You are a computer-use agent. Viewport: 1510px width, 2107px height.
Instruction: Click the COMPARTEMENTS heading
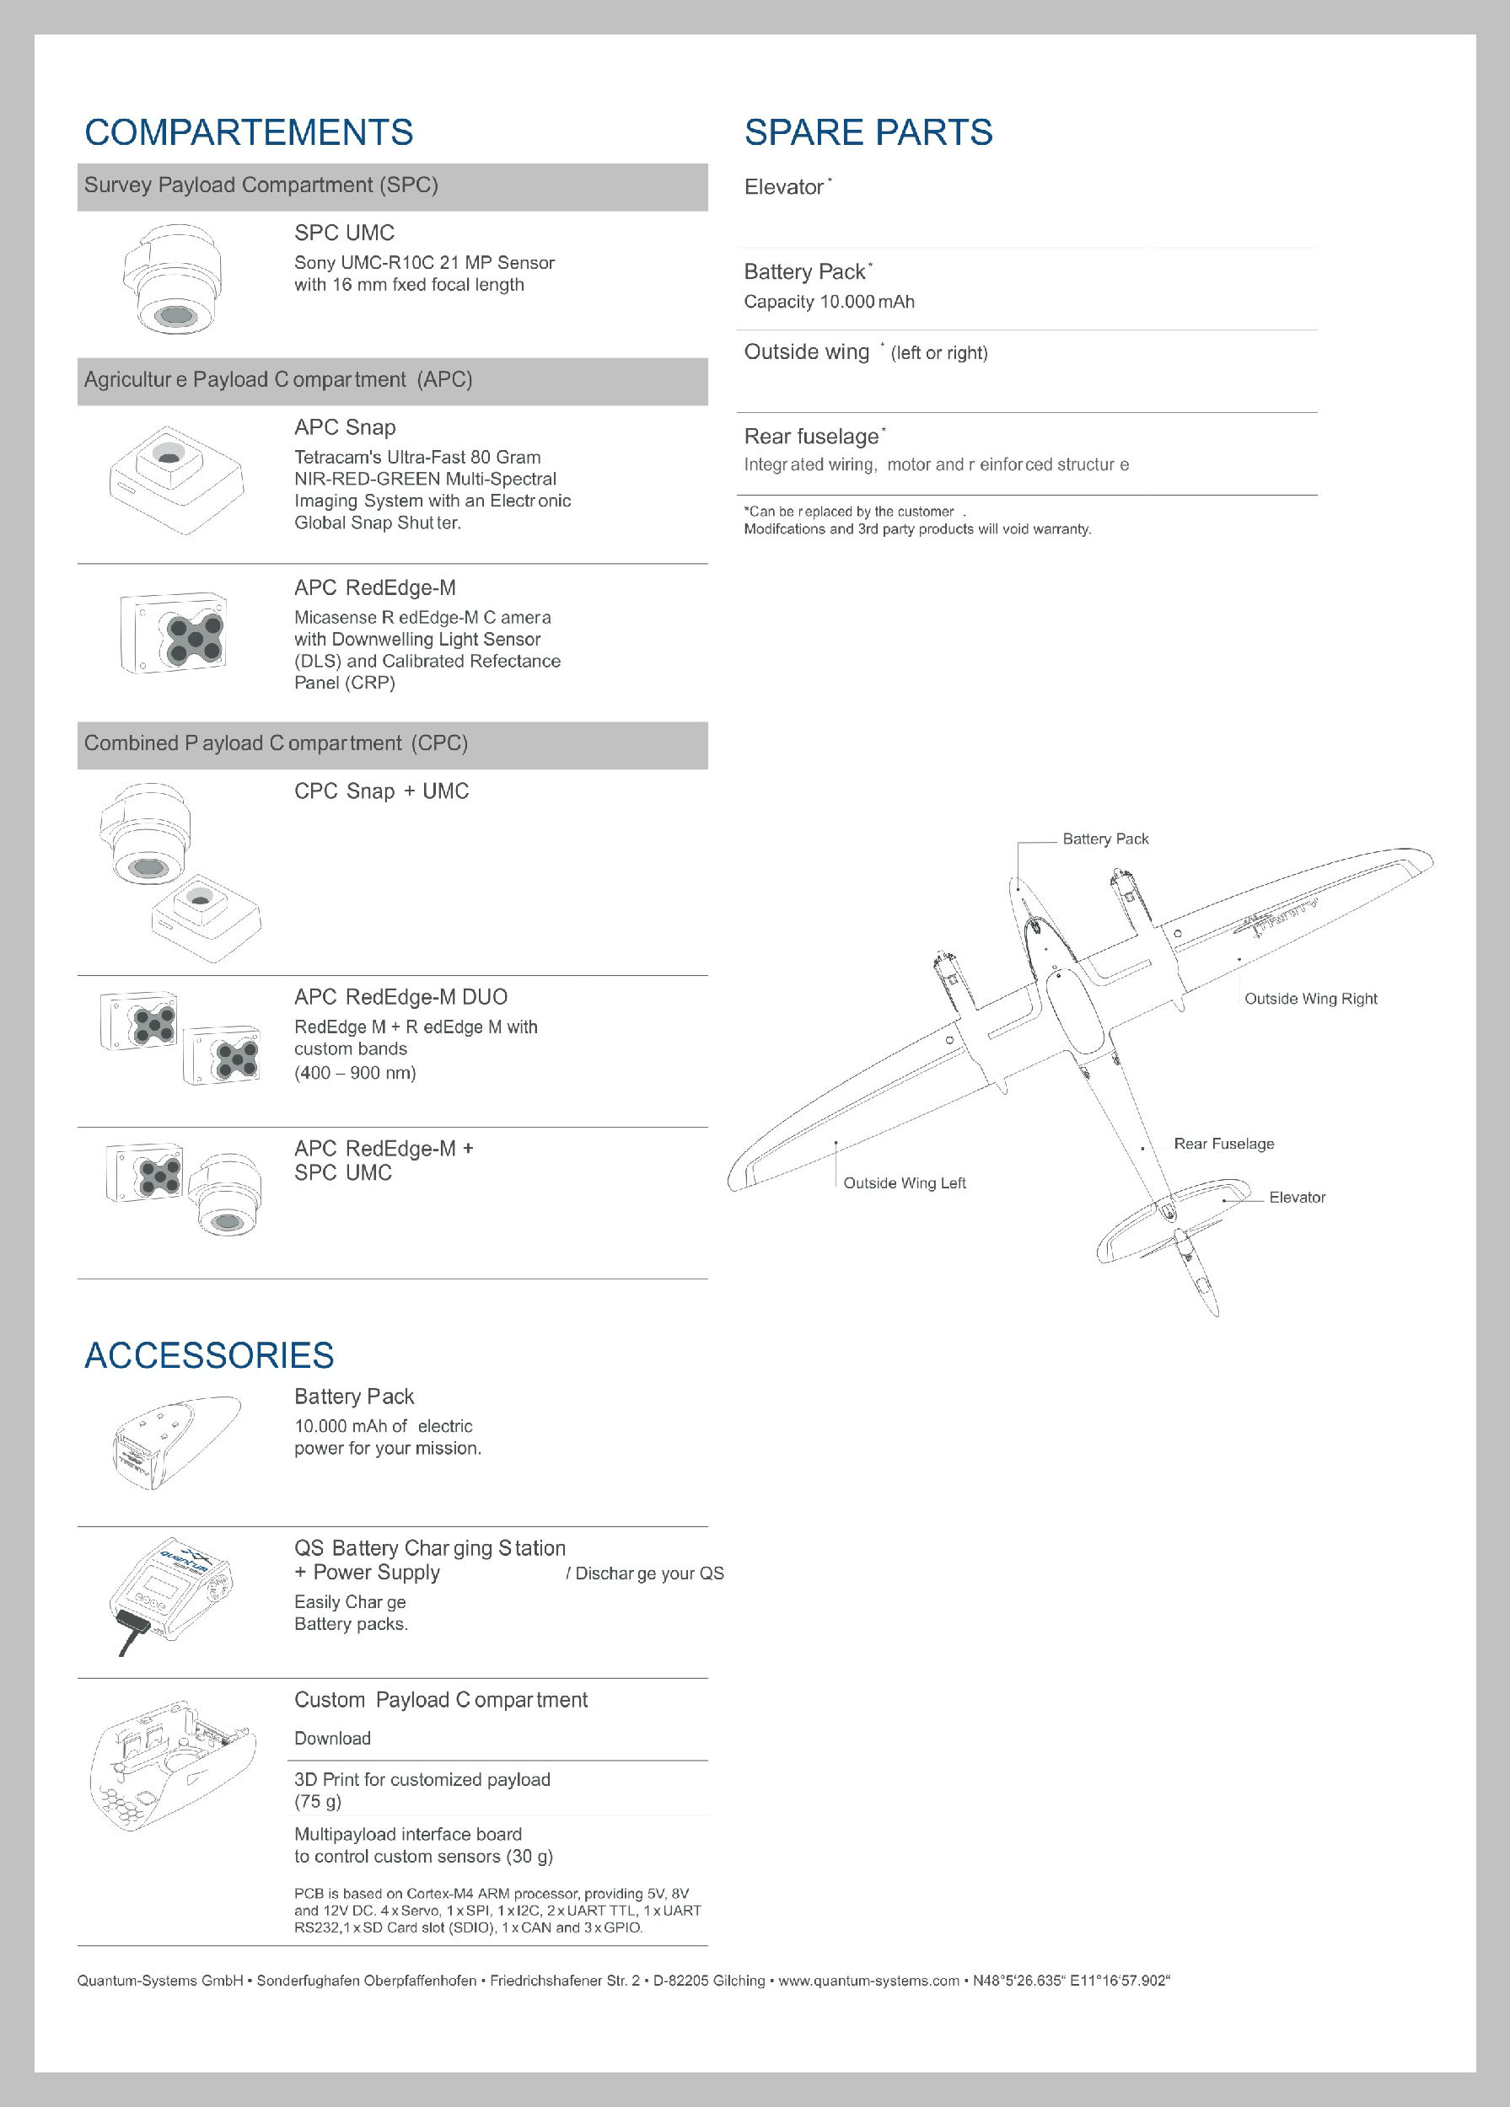[248, 133]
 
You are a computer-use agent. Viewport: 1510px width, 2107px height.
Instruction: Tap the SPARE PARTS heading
[868, 133]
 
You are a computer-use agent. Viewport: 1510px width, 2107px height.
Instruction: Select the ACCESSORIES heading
[209, 1355]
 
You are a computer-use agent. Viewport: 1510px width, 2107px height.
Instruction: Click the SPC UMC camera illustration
[173, 278]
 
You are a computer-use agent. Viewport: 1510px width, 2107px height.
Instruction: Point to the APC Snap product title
[345, 427]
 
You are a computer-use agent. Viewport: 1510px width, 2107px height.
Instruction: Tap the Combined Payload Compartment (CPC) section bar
[391, 744]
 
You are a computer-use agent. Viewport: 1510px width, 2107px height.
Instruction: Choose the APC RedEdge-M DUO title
[400, 998]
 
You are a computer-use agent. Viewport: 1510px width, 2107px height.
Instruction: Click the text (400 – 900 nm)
[355, 1073]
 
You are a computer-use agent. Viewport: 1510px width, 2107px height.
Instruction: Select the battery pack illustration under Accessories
[175, 1442]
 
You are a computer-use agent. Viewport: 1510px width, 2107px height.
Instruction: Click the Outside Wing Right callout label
[1310, 999]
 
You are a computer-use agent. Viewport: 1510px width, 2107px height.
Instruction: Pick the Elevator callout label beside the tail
[1297, 1198]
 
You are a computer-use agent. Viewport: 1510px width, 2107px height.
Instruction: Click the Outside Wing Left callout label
[904, 1182]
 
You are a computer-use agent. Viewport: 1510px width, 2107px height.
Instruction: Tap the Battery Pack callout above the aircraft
[1104, 839]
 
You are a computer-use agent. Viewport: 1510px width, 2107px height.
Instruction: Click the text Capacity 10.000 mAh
[829, 302]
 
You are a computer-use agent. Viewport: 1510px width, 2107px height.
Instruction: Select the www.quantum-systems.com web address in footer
[868, 1981]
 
